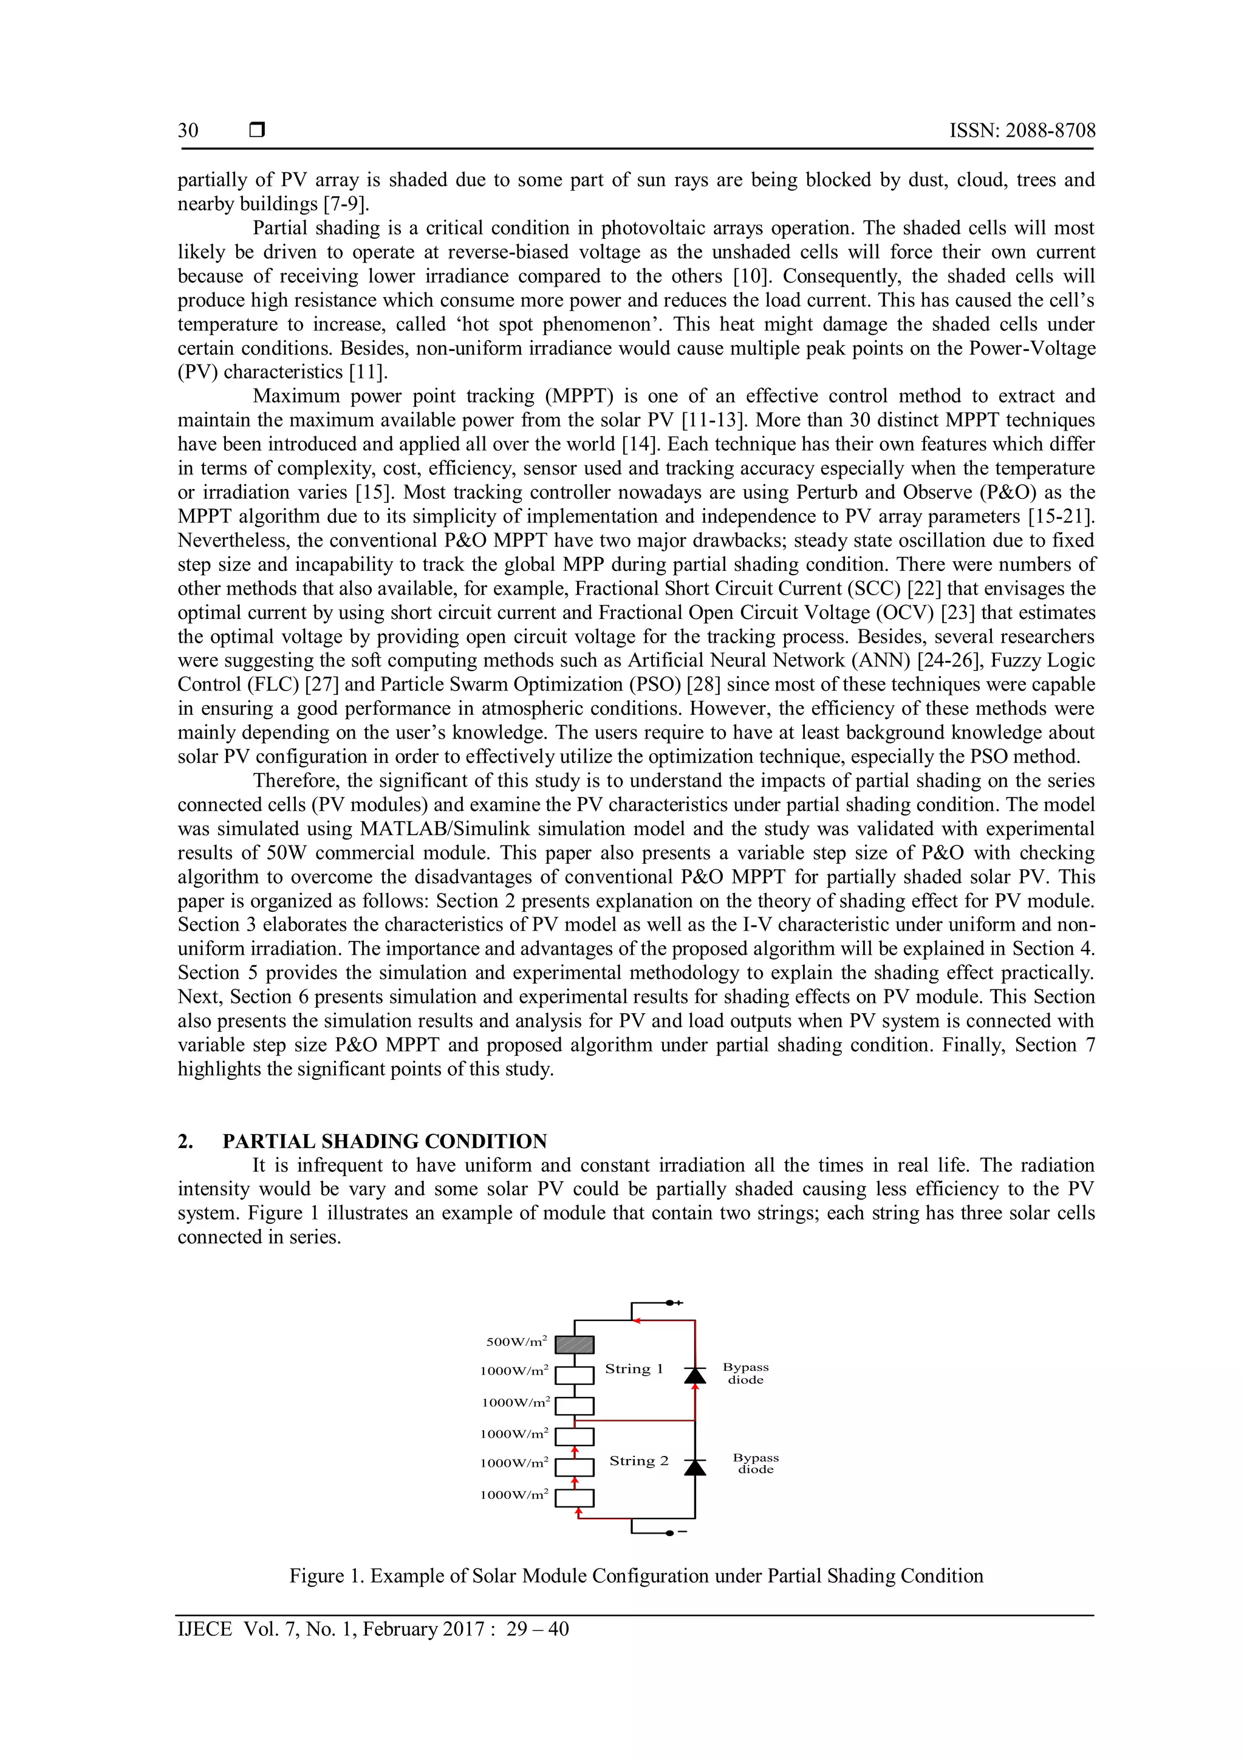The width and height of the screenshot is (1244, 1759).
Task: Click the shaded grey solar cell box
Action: pos(575,1345)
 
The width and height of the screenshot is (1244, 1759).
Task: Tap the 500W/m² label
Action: pos(516,1342)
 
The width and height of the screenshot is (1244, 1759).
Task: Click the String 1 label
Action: pos(634,1369)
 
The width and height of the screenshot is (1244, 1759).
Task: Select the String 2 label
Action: pos(639,1461)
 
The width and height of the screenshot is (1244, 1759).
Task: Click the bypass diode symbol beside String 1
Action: pos(695,1375)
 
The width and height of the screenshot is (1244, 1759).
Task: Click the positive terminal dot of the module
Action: pos(669,1302)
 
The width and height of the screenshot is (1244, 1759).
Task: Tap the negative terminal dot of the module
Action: pos(669,1533)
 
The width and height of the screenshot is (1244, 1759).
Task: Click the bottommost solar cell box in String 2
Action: pos(575,1498)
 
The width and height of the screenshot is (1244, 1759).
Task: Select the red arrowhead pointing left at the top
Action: pos(637,1320)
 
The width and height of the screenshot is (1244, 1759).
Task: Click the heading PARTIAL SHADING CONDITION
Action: pos(384,1141)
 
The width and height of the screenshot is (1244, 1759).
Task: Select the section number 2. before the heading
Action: pos(185,1141)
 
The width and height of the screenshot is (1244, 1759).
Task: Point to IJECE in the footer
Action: pos(205,1629)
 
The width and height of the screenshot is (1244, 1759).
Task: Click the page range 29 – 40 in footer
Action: pos(537,1629)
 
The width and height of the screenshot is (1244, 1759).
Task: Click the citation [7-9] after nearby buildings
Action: pos(346,205)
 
